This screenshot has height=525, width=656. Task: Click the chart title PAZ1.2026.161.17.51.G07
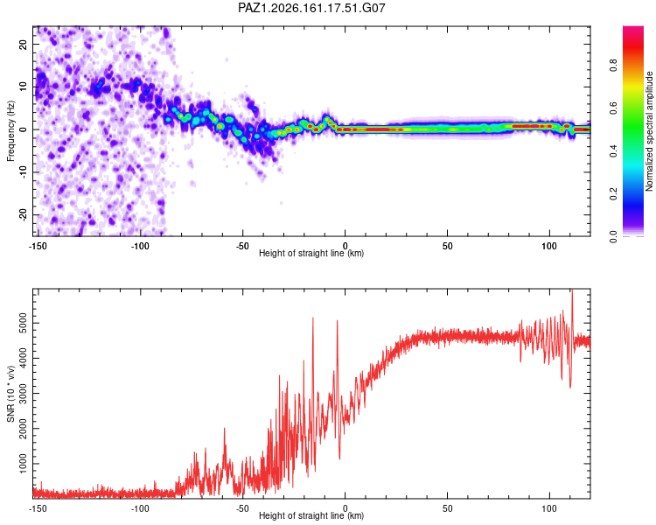tap(311, 8)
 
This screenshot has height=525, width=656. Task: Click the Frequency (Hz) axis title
tap(10, 131)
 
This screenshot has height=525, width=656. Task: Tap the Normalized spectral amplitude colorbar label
tap(649, 131)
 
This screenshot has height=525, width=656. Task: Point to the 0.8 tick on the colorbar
tap(613, 66)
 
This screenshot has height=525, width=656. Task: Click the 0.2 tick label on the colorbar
tap(613, 194)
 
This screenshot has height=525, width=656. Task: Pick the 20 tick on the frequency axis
tap(24, 44)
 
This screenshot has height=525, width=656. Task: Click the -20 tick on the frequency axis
tap(24, 214)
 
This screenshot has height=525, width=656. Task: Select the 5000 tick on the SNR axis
tap(24, 323)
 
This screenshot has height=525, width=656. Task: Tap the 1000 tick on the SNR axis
tap(24, 464)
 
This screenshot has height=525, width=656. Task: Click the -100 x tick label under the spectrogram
tap(140, 246)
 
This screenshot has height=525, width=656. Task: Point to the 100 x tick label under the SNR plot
tap(549, 508)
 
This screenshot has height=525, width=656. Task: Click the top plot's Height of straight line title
tap(311, 253)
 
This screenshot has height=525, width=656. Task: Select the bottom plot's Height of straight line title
tap(311, 515)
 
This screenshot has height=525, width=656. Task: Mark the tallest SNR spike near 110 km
tap(572, 290)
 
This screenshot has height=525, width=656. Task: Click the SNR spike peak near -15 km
tap(312, 318)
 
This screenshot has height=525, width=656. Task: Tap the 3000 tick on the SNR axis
tap(24, 394)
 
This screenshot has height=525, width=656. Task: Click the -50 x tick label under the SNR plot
tap(242, 508)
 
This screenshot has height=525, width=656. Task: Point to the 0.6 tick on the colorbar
tap(613, 108)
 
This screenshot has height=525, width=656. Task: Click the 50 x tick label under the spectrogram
tap(447, 246)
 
